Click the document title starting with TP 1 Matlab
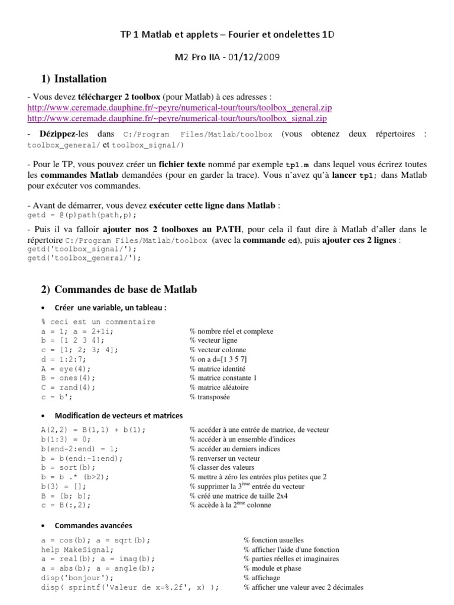(x=227, y=35)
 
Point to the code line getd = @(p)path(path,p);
(x=77, y=214)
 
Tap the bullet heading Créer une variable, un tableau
(x=111, y=308)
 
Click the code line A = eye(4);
(x=67, y=368)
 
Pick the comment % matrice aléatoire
(x=219, y=388)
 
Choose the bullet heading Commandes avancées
(x=93, y=525)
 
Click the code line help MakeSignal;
(x=77, y=549)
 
